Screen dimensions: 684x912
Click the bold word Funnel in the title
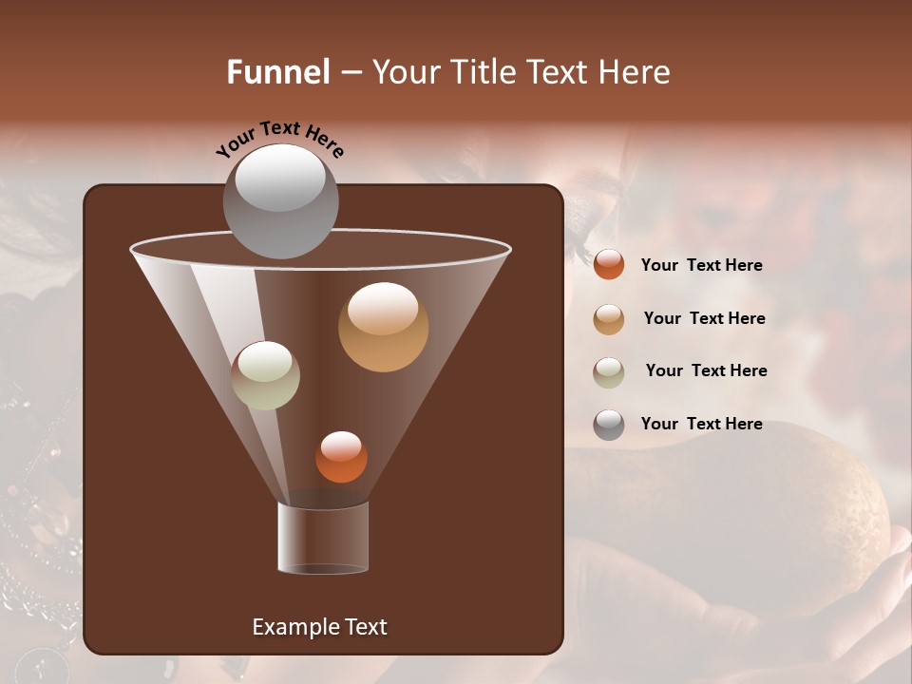(x=278, y=72)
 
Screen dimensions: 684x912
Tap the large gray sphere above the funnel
(x=280, y=202)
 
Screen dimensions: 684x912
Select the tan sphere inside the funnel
(x=383, y=328)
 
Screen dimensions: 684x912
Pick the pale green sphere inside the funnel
(x=266, y=375)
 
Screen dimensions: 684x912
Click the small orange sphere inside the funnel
(x=341, y=457)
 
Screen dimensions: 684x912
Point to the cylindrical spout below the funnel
(x=323, y=537)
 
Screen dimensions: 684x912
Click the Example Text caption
(x=319, y=627)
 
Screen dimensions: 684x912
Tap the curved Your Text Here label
(x=280, y=139)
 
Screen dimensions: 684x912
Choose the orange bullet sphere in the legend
(x=609, y=265)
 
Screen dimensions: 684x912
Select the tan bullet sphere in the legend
(x=609, y=318)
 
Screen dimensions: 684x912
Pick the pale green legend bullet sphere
(x=609, y=371)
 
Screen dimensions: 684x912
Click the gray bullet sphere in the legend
(x=609, y=425)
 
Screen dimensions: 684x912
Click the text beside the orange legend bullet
(x=701, y=265)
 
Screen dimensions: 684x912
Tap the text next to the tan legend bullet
(x=704, y=318)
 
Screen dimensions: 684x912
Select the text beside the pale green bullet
(x=706, y=370)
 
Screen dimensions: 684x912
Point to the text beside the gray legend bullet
(x=701, y=424)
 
